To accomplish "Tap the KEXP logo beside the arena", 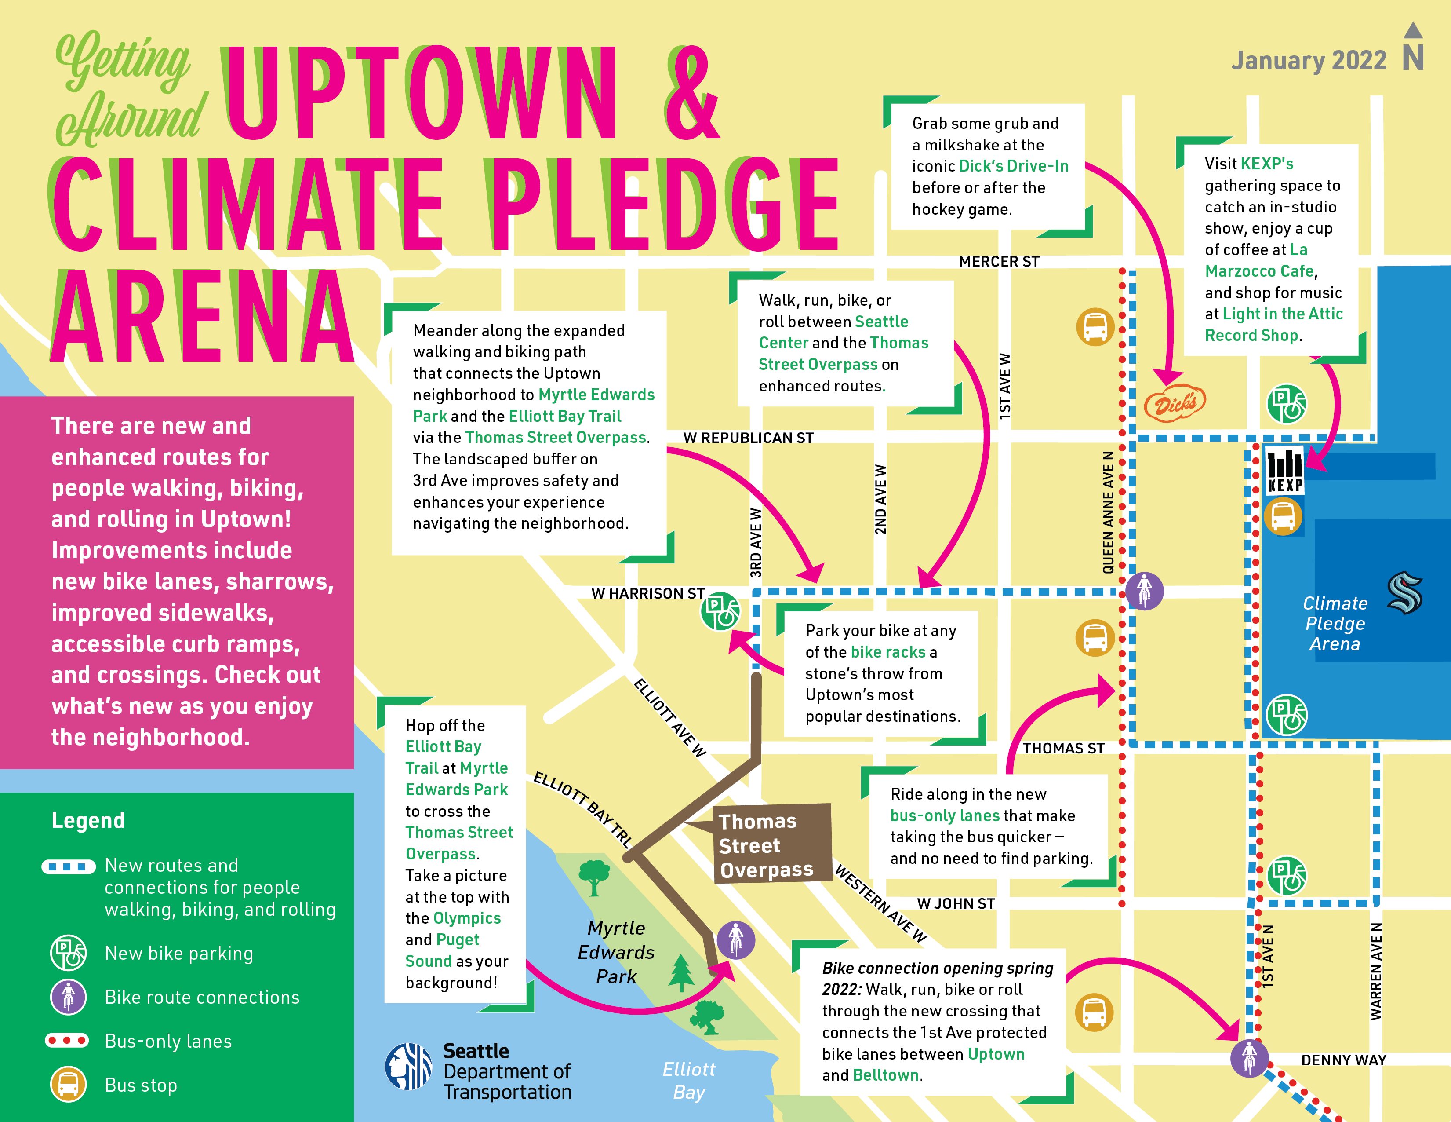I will click(1285, 471).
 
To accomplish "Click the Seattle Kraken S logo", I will click(1404, 592).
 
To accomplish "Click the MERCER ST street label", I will click(999, 262).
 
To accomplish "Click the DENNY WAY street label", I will click(1343, 1060).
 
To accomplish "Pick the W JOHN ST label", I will click(955, 904).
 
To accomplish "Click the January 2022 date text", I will click(1308, 61).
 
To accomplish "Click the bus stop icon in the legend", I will click(69, 1084).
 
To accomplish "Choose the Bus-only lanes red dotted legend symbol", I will click(66, 1040).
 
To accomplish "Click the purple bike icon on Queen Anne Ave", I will click(1144, 590).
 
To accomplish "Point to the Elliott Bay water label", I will click(689, 1080).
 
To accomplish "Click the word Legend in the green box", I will click(88, 820).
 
